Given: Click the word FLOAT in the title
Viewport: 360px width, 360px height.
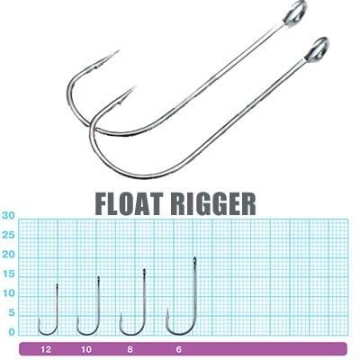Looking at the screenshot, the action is (130, 204).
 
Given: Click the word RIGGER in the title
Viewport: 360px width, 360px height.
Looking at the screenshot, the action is (214, 204).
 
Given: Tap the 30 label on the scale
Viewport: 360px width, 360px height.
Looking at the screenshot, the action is (8, 215).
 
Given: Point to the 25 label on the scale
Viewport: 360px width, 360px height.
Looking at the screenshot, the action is (8, 235).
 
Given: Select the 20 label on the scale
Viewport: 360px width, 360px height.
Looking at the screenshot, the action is (8, 255).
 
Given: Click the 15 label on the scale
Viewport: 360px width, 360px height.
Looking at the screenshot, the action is (8, 274).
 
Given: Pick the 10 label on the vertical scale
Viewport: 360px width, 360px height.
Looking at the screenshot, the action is (8, 293).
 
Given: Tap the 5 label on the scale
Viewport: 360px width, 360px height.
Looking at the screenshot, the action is (12, 312).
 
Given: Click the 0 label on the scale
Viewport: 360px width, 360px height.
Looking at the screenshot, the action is (12, 332).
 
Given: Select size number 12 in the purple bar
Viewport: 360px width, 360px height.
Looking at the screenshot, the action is (46, 349).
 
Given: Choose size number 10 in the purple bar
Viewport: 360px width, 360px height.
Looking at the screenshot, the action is (86, 349).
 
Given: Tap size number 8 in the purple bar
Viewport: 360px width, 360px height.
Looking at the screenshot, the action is (130, 349).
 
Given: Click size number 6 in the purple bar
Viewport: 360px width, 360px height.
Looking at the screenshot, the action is (179, 349).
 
